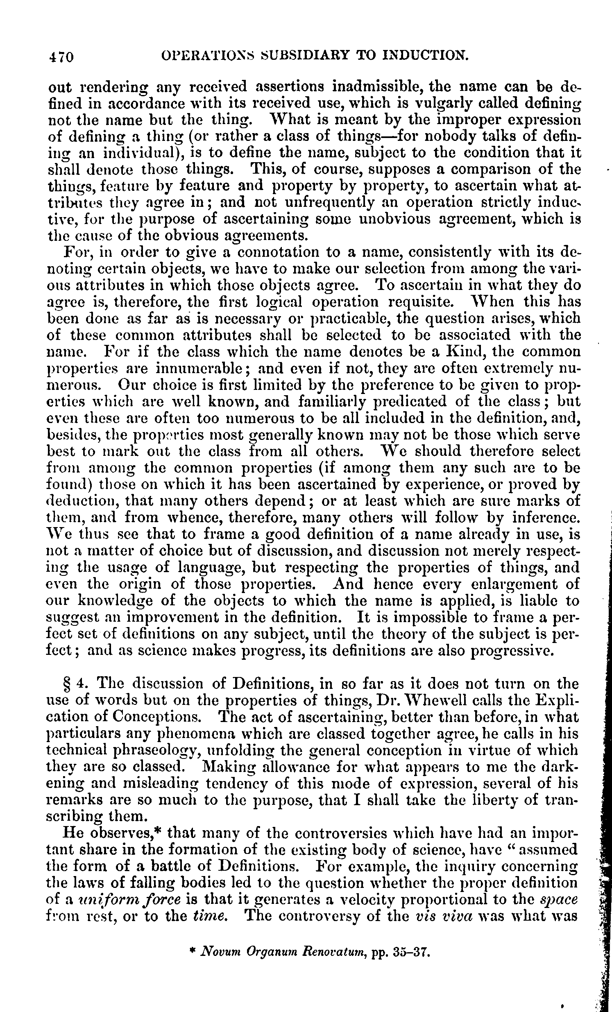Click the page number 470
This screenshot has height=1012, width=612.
pos(61,56)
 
